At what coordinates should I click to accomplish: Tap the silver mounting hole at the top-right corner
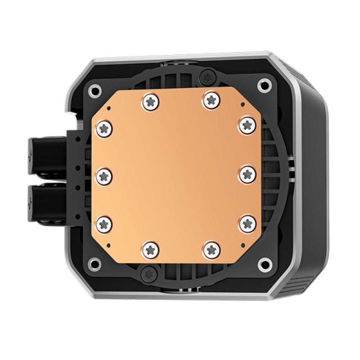pyautogui.click(x=264, y=85)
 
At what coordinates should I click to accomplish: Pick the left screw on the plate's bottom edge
pyautogui.click(x=150, y=249)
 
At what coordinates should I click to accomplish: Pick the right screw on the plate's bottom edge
pyautogui.click(x=211, y=249)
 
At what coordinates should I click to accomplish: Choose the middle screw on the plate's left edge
pyautogui.click(x=105, y=176)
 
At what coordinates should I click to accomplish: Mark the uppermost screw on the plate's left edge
pyautogui.click(x=105, y=127)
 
